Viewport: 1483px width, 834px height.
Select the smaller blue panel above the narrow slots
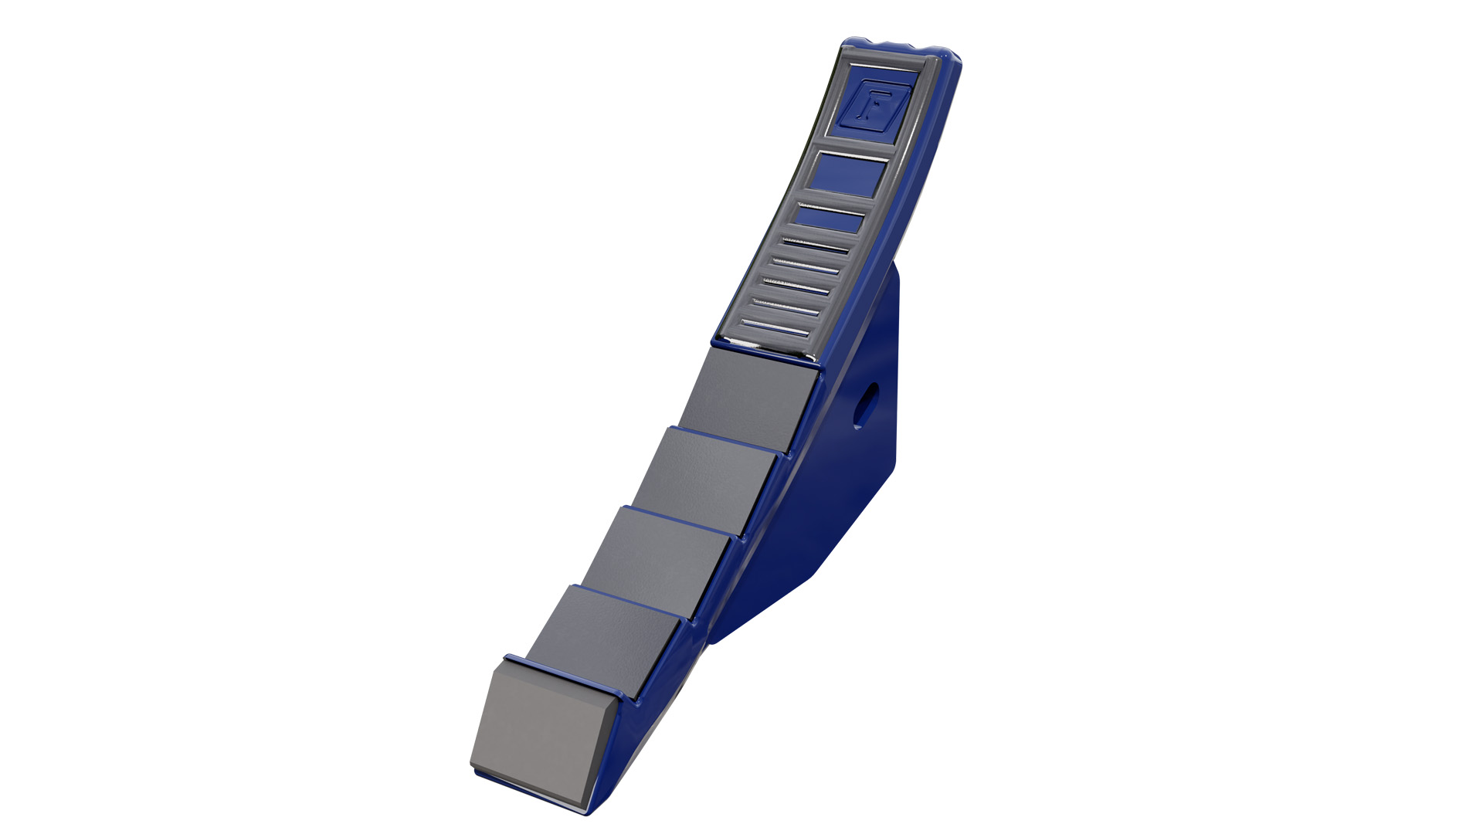pos(830,219)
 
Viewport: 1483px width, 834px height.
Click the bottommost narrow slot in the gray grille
pos(775,328)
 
